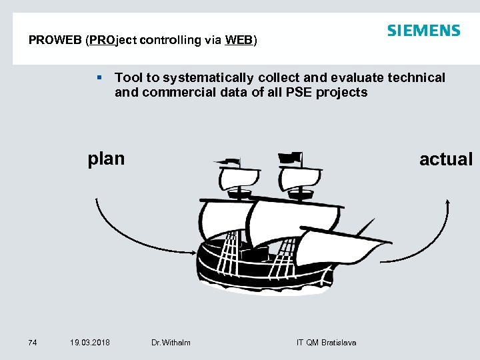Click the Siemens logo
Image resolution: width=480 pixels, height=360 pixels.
click(423, 31)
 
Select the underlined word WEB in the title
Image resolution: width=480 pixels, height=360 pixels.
click(239, 40)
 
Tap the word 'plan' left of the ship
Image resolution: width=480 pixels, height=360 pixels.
click(106, 159)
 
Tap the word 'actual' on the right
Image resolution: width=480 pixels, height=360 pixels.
click(445, 159)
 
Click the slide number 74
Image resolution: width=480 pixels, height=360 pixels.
click(33, 343)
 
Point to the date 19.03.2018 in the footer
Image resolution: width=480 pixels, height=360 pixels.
click(90, 343)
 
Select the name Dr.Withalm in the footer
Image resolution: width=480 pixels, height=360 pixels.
click(171, 343)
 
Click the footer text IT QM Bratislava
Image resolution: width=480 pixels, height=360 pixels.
click(326, 343)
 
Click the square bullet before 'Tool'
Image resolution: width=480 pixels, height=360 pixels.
click(99, 78)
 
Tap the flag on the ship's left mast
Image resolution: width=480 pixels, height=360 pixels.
click(228, 161)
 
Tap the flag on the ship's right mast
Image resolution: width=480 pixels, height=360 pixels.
click(291, 158)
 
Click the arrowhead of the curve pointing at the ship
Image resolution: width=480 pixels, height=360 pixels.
click(194, 251)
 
